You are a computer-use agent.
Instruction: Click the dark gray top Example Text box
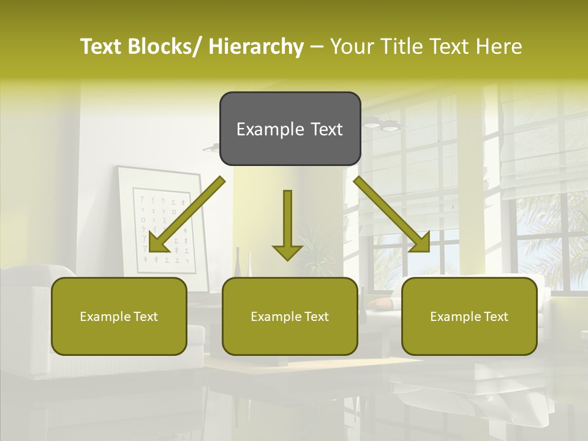pyautogui.click(x=290, y=129)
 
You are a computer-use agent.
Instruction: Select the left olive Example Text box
pyautogui.click(x=119, y=316)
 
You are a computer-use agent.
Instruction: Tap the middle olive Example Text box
pyautogui.click(x=290, y=316)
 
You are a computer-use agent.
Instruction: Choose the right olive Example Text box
pyautogui.click(x=469, y=316)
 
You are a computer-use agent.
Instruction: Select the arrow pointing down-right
pyautogui.click(x=393, y=214)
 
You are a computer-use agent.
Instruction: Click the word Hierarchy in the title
pyautogui.click(x=256, y=47)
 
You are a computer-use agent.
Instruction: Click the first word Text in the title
pyautogui.click(x=103, y=47)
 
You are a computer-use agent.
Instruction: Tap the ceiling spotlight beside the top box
pyautogui.click(x=388, y=127)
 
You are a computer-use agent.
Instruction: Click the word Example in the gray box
pyautogui.click(x=270, y=129)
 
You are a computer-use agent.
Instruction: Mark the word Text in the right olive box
pyautogui.click(x=496, y=317)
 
